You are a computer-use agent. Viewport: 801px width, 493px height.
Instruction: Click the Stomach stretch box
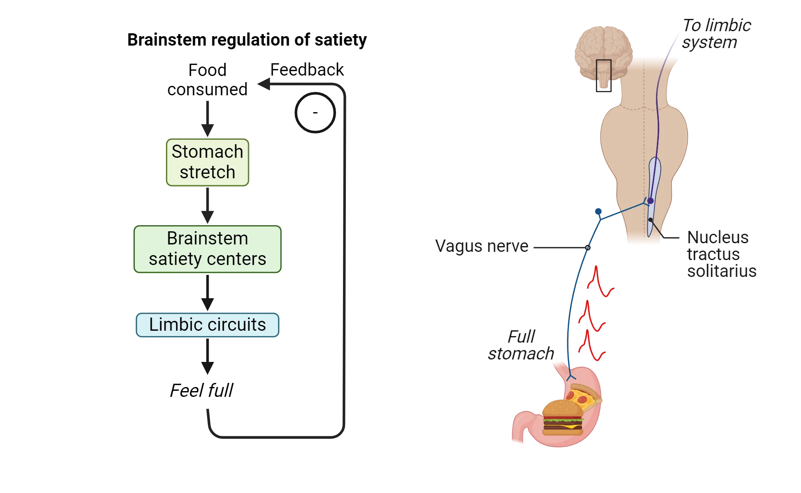[x=207, y=163]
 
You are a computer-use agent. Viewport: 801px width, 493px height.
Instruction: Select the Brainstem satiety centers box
[x=207, y=249]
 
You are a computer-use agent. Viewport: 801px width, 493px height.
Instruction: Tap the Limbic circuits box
[x=207, y=325]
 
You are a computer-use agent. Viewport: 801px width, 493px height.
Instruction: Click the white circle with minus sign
[x=315, y=113]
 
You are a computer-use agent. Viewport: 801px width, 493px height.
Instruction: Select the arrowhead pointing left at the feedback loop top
[x=265, y=84]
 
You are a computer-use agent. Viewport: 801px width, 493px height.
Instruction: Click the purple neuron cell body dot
[x=650, y=201]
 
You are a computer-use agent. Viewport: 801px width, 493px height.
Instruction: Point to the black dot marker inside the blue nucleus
[x=650, y=220]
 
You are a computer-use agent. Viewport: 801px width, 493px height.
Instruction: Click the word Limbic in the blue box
[x=172, y=325]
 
